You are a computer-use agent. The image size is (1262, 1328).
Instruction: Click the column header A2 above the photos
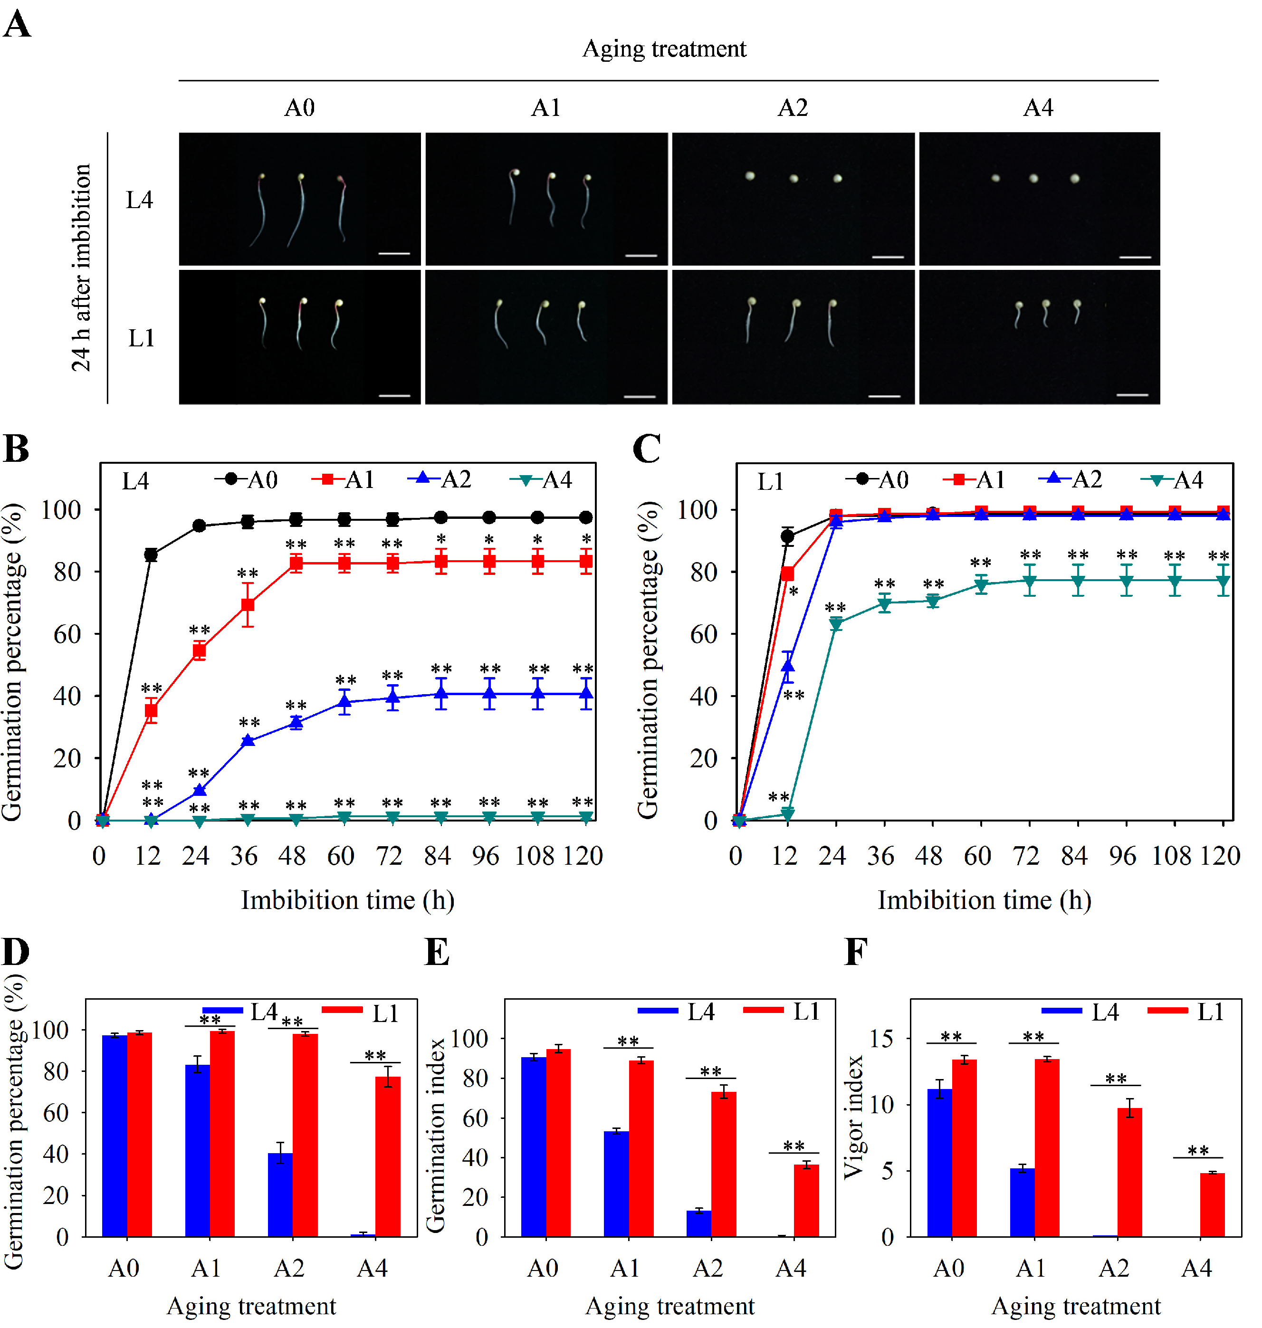[793, 108]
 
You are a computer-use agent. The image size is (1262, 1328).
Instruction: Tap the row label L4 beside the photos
[139, 200]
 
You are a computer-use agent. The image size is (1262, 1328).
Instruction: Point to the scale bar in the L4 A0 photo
[394, 254]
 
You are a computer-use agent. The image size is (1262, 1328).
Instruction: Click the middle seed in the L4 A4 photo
[1033, 178]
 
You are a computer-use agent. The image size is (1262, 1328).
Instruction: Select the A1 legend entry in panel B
[343, 480]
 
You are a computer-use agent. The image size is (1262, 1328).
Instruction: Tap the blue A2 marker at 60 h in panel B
[344, 702]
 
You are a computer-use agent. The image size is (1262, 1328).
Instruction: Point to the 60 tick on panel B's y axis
[67, 634]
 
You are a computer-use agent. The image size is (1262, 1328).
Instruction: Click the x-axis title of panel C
[984, 900]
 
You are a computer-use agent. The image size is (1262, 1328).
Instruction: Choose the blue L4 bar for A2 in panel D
[280, 1195]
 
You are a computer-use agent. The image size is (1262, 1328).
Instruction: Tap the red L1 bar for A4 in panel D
[387, 1156]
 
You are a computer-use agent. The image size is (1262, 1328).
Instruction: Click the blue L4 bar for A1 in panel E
[616, 1184]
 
